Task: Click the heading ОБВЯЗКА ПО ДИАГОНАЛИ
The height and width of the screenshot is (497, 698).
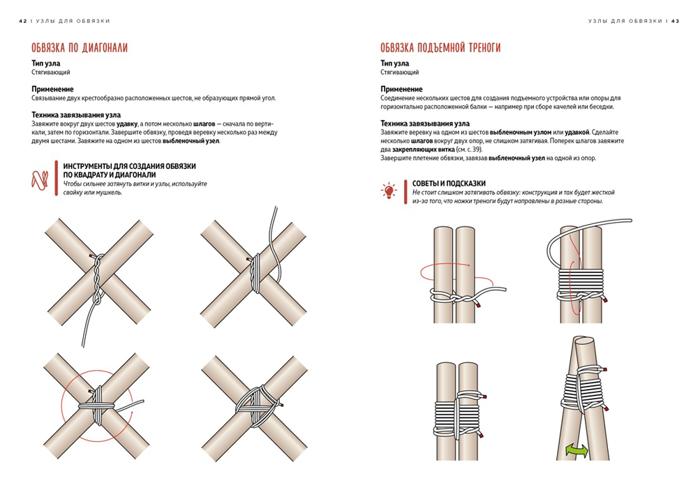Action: pyautogui.click(x=79, y=47)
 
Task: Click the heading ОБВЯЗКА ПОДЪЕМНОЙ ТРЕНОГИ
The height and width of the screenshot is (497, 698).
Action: pyautogui.click(x=440, y=47)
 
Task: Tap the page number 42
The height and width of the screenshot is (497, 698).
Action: pyautogui.click(x=22, y=21)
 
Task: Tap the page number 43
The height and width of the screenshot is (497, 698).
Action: pyautogui.click(x=675, y=21)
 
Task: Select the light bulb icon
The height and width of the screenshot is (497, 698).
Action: pyautogui.click(x=389, y=191)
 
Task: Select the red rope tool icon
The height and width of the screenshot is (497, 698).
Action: pyautogui.click(x=40, y=180)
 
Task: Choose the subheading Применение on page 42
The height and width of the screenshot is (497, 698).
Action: pyautogui.click(x=52, y=89)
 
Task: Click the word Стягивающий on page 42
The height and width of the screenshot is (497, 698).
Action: pyautogui.click(x=50, y=72)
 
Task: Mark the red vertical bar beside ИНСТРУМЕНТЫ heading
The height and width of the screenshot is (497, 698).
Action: pyautogui.click(x=56, y=179)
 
